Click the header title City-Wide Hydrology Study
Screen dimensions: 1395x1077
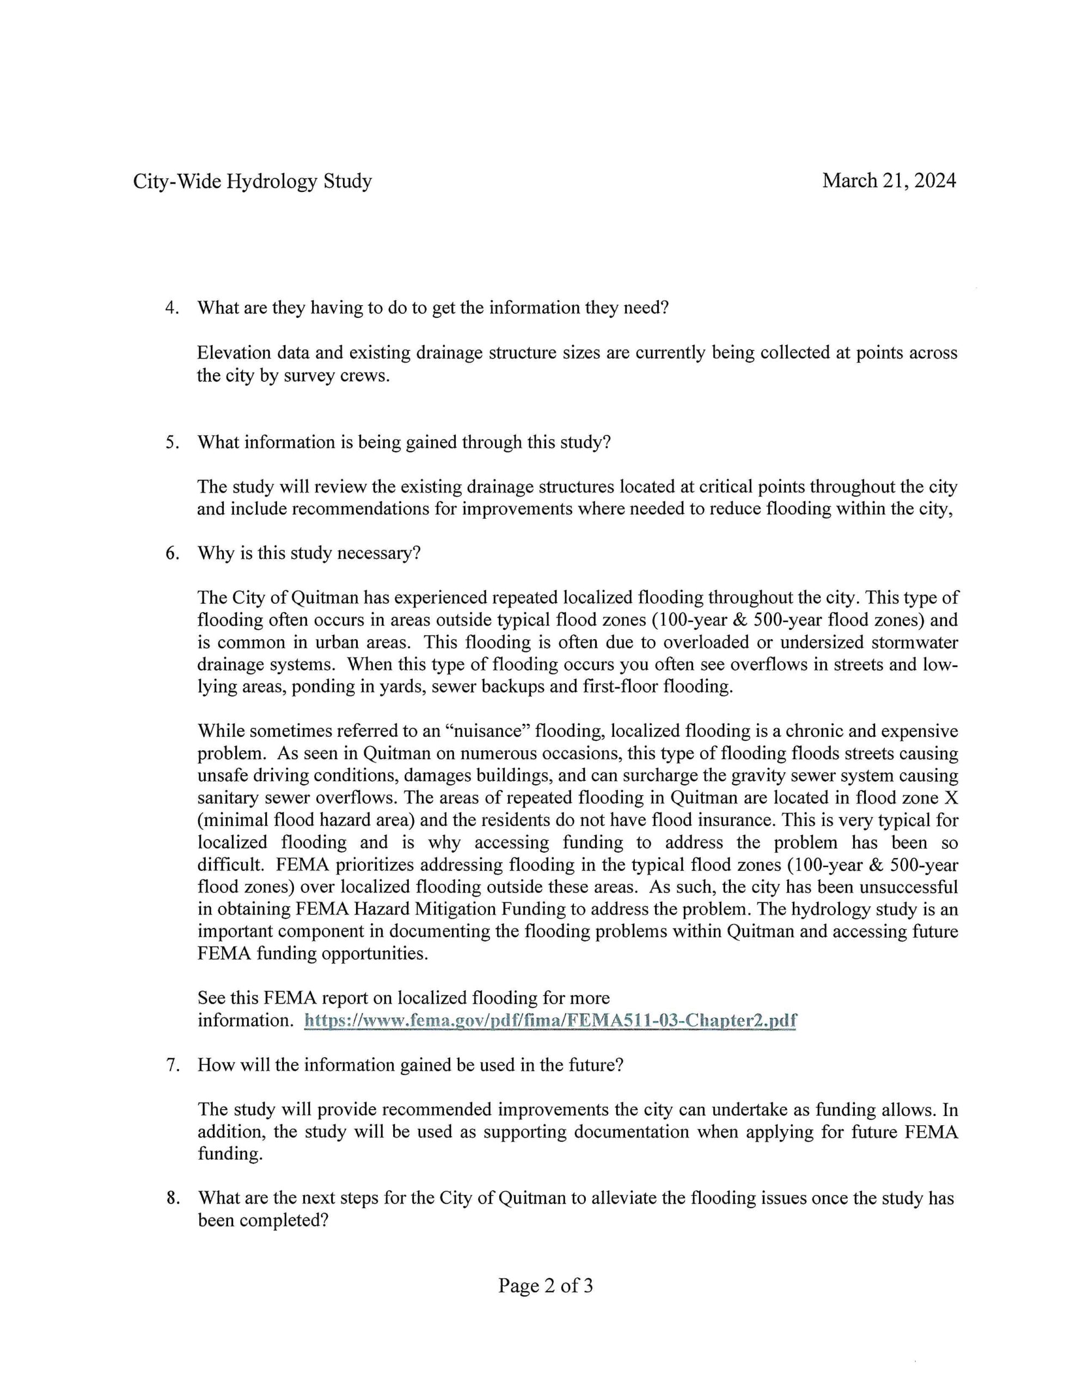(x=252, y=181)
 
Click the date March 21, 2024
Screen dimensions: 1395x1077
(x=889, y=181)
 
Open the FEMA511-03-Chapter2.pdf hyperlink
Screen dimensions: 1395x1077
(x=550, y=1020)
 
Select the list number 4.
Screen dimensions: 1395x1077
(x=171, y=308)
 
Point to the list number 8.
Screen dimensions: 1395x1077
(x=171, y=1198)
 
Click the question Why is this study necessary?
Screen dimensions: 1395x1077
(x=309, y=553)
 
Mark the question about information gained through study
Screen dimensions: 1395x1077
(x=404, y=442)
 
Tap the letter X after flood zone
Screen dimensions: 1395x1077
(x=951, y=798)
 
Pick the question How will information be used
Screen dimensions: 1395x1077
(x=410, y=1065)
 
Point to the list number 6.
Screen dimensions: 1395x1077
(x=171, y=553)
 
